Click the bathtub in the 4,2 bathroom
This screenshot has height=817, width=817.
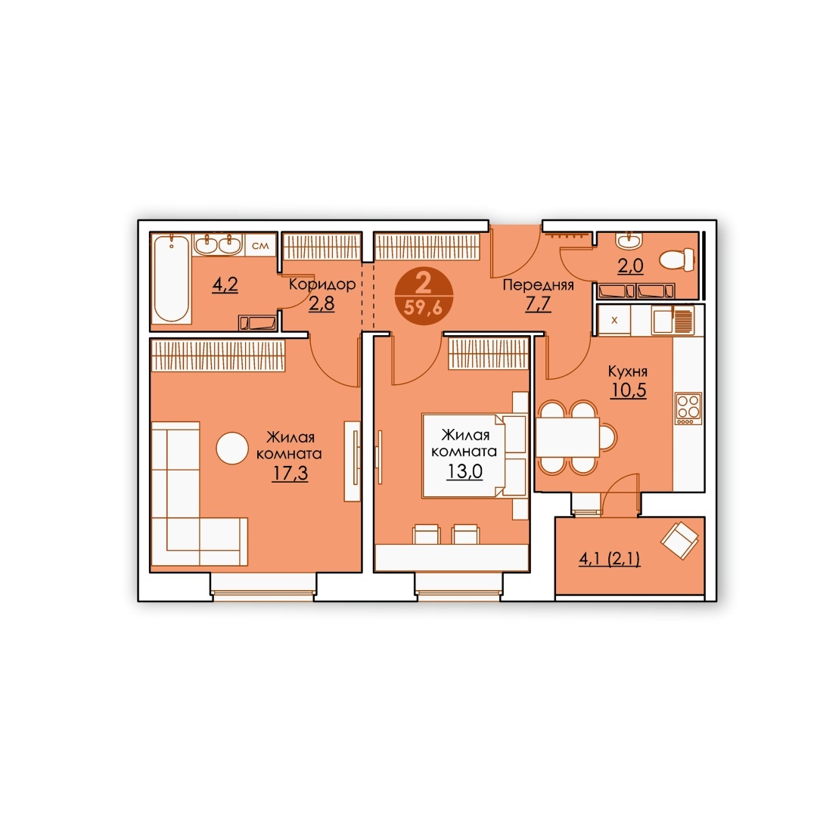(x=172, y=278)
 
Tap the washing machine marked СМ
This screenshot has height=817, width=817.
(x=260, y=244)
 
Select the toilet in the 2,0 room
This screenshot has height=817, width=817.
(x=677, y=259)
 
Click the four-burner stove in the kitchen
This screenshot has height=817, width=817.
(x=688, y=408)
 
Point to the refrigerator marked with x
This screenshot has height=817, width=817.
(x=614, y=320)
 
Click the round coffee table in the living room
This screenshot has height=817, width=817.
(x=232, y=448)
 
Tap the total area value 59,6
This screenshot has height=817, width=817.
(x=423, y=308)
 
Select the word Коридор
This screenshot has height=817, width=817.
(x=322, y=284)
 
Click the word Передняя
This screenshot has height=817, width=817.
(x=539, y=285)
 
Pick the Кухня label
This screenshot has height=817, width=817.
(x=628, y=371)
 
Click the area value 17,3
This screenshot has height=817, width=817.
(x=290, y=473)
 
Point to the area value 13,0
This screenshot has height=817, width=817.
(x=464, y=471)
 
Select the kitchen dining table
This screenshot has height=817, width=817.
(x=568, y=436)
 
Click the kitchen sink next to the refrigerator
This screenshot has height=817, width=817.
(x=663, y=321)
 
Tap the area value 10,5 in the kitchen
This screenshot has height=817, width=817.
(x=629, y=390)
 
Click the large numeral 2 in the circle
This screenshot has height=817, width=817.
(x=423, y=283)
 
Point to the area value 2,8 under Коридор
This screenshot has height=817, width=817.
(x=322, y=303)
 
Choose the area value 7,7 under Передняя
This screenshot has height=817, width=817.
(x=539, y=303)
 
